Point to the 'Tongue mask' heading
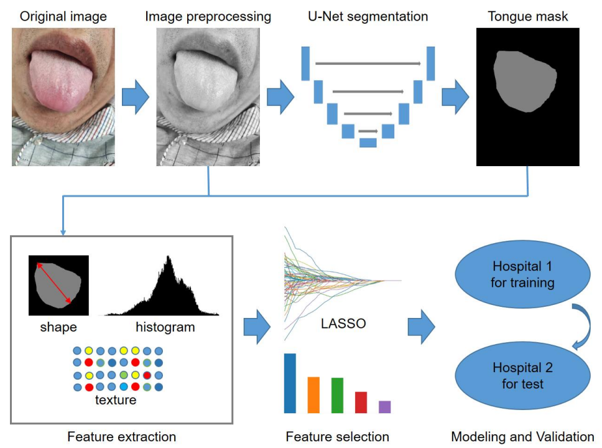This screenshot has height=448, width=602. coord(527,16)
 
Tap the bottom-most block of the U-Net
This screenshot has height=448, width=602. coord(368,142)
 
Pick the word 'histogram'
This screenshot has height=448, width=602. coord(165,327)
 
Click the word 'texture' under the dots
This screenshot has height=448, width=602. coord(116,399)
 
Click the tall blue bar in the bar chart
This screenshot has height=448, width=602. coord(290,383)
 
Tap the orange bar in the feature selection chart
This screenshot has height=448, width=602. coord(313,394)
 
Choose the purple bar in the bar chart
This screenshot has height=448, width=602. coord(384,406)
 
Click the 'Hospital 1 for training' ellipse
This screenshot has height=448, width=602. coord(523,275)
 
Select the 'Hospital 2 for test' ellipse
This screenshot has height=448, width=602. coord(523,376)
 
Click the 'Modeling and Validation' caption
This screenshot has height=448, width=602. coord(522,437)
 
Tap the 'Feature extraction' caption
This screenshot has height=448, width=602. coord(121,437)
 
